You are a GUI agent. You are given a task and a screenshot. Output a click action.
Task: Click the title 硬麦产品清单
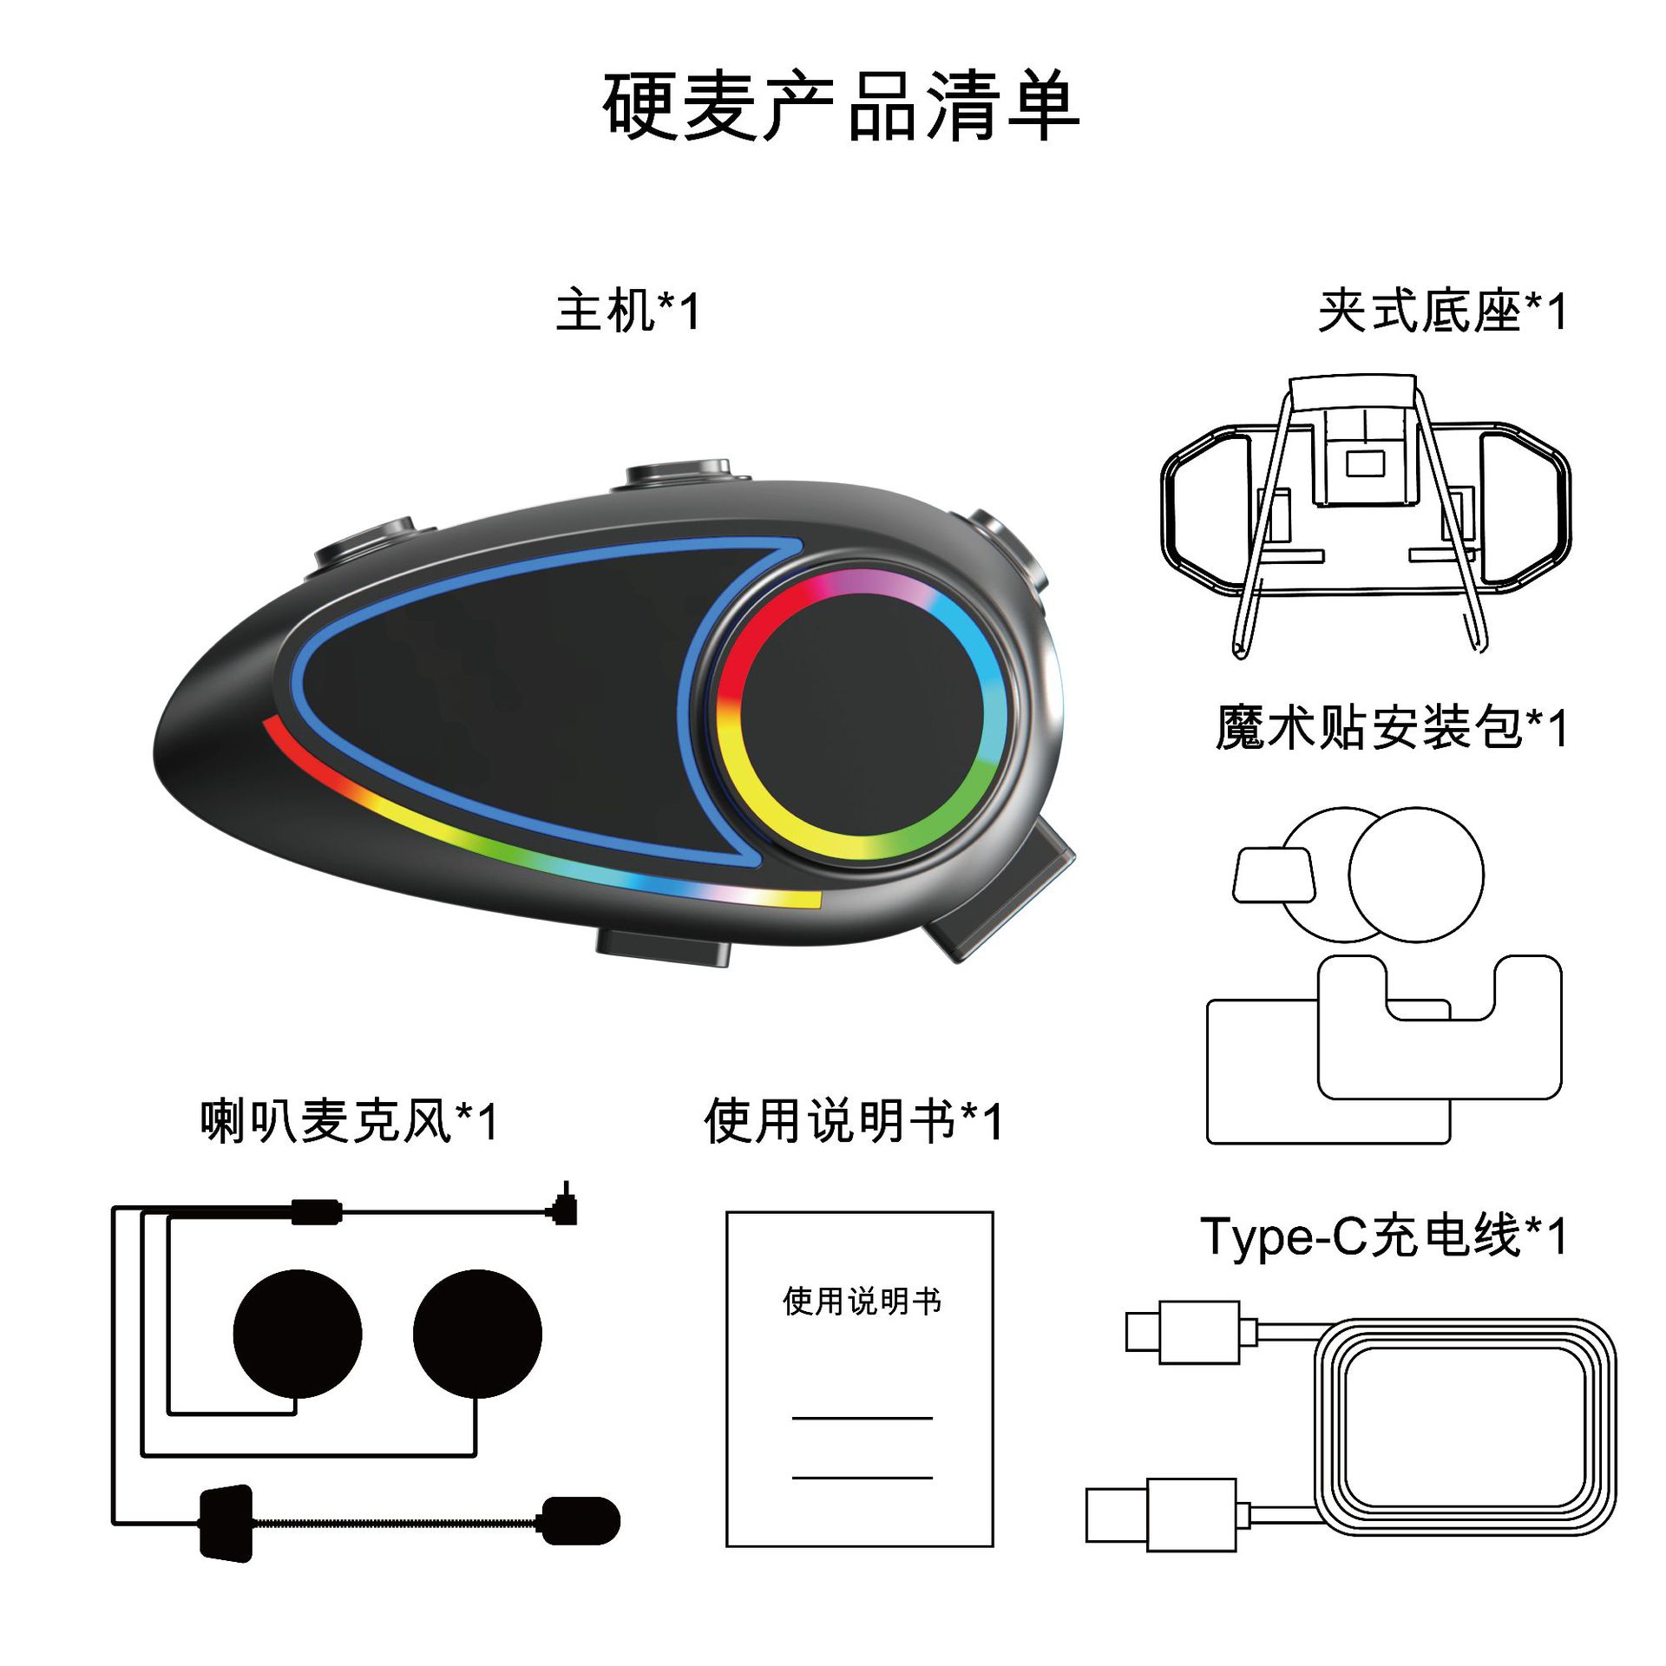[840, 106]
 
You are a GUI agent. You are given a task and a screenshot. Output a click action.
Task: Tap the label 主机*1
[627, 311]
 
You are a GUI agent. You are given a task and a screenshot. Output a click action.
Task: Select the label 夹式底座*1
[1442, 311]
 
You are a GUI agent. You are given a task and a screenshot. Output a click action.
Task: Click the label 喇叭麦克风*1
[349, 1121]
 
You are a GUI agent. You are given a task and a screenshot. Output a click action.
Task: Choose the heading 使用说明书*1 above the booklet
[854, 1121]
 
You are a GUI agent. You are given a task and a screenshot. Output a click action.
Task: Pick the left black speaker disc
[298, 1334]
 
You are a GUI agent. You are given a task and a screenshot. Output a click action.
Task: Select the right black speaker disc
[477, 1334]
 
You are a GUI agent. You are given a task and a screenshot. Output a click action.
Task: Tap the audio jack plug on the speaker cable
[566, 1207]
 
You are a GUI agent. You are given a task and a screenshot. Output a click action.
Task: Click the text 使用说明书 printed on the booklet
[862, 1302]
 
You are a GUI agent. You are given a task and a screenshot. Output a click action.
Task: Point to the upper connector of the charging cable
[1183, 1332]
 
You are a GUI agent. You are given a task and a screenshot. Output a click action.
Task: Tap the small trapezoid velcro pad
[1273, 875]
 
